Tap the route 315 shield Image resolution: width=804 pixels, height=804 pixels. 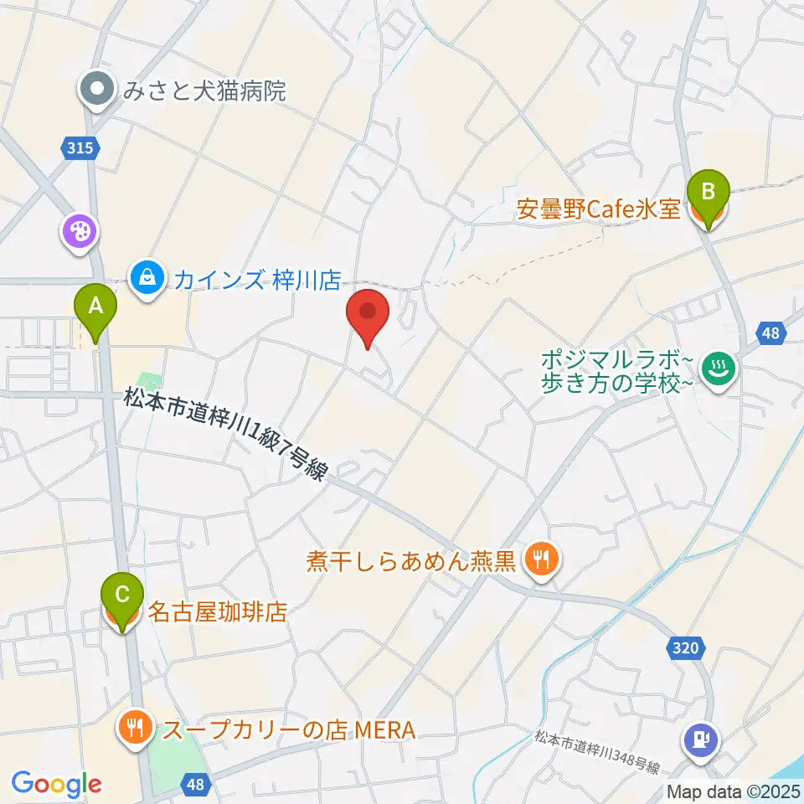tap(80, 148)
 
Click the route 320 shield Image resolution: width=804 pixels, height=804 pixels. tap(688, 647)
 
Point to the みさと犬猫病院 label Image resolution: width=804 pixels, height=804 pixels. tap(204, 90)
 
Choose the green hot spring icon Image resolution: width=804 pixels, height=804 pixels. tap(718, 370)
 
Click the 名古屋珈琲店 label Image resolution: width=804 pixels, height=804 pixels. tap(218, 613)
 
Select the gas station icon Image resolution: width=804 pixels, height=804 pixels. tap(698, 737)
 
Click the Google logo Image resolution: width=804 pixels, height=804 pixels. tap(55, 784)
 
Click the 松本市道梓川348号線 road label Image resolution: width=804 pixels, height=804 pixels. tap(597, 752)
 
